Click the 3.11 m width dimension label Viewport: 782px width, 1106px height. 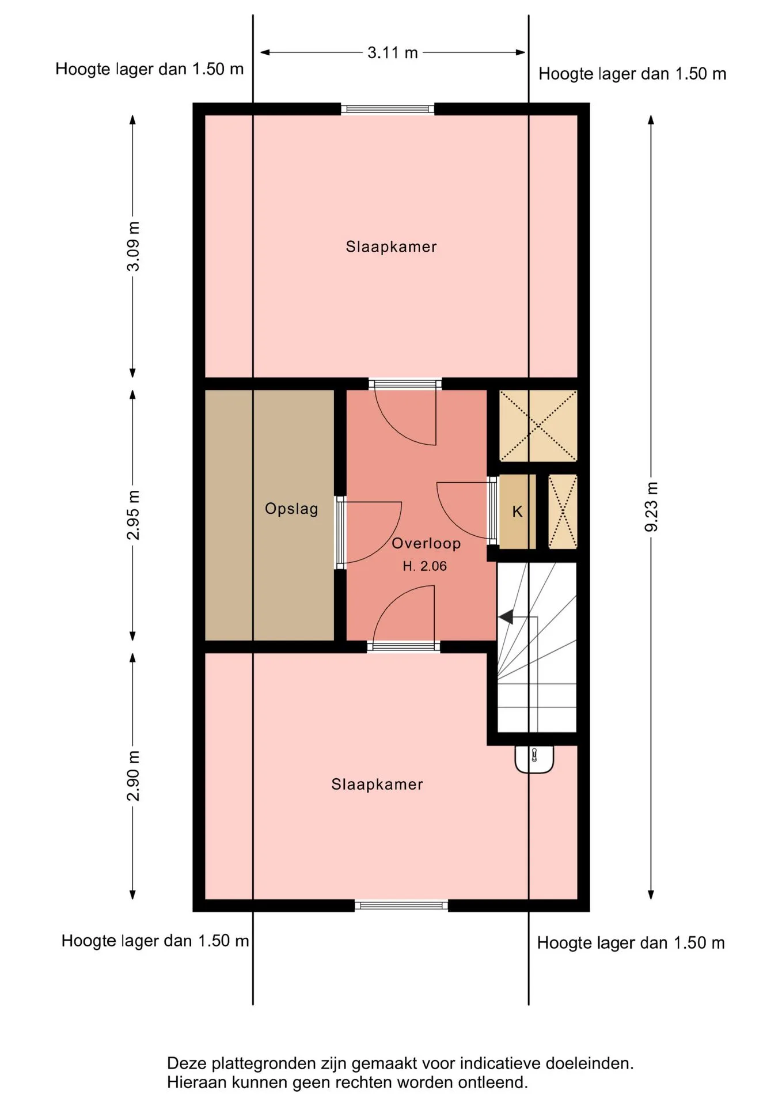pyautogui.click(x=393, y=52)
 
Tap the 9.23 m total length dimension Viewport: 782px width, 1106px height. pyautogui.click(x=651, y=507)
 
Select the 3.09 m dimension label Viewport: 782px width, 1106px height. pyautogui.click(x=133, y=246)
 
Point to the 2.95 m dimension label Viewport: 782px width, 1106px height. pyautogui.click(x=133, y=515)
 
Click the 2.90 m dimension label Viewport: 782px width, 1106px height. pyautogui.click(x=133, y=776)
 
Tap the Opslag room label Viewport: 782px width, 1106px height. pyautogui.click(x=291, y=509)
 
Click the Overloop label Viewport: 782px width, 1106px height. pyautogui.click(x=426, y=543)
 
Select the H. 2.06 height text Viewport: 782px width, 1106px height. pyautogui.click(x=424, y=566)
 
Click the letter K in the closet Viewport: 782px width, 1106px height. pyautogui.click(x=517, y=512)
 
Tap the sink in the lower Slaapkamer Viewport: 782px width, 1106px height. pyautogui.click(x=534, y=759)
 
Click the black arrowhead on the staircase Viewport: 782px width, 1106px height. pyautogui.click(x=506, y=617)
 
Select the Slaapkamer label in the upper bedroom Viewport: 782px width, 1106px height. pyautogui.click(x=391, y=247)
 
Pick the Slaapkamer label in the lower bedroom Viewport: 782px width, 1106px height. pyautogui.click(x=377, y=784)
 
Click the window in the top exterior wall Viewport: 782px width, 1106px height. pyautogui.click(x=388, y=109)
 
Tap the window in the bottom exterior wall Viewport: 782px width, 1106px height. pyautogui.click(x=401, y=906)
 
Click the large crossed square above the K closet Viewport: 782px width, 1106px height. pyautogui.click(x=538, y=426)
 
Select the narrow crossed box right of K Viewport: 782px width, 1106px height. pyautogui.click(x=563, y=512)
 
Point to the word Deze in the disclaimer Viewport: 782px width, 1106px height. pyautogui.click(x=186, y=1063)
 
